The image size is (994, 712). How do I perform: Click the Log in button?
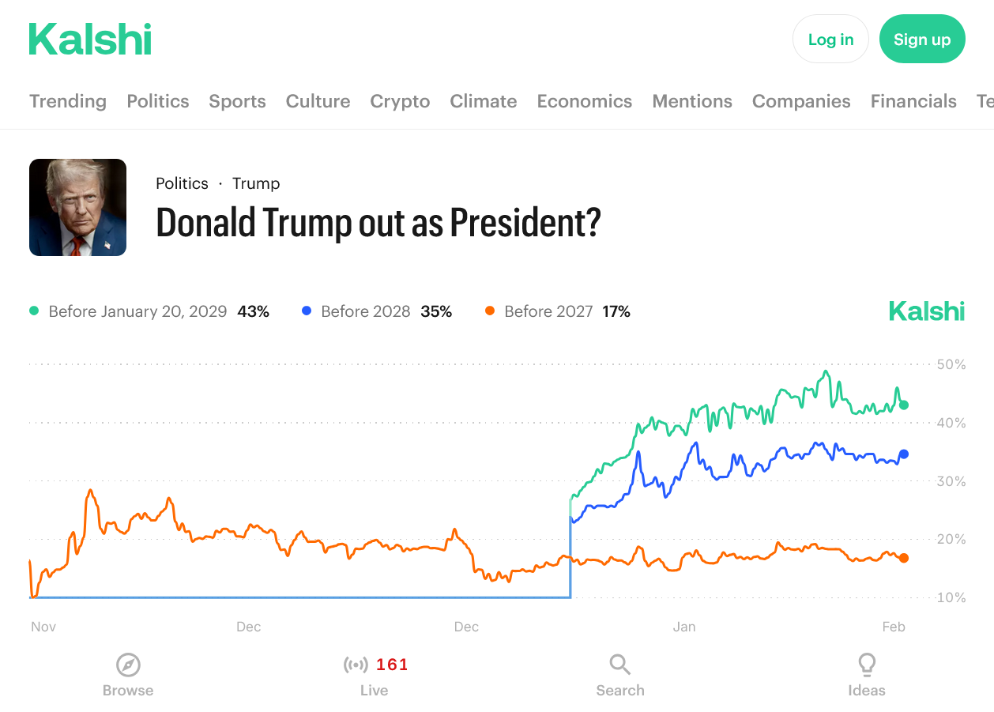click(830, 40)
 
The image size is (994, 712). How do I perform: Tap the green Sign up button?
click(922, 40)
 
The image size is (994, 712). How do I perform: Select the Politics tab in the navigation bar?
click(158, 101)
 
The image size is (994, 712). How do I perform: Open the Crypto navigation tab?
click(400, 101)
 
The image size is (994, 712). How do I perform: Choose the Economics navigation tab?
click(584, 101)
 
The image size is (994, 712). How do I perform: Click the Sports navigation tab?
click(237, 101)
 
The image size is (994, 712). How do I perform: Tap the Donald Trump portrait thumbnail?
click(77, 207)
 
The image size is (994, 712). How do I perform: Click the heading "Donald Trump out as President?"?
click(378, 223)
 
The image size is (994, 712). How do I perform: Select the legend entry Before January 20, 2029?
click(137, 311)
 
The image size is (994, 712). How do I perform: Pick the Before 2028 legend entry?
click(365, 311)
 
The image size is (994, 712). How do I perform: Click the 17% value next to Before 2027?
click(616, 311)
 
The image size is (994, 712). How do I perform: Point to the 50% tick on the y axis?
click(951, 364)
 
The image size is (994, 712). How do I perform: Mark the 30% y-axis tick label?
click(951, 481)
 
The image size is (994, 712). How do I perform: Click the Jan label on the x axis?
click(684, 627)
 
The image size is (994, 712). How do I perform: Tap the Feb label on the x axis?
click(894, 627)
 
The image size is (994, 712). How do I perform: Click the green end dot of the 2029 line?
click(904, 405)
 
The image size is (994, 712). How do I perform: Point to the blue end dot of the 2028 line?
click(904, 454)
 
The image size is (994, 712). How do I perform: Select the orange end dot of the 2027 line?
click(904, 558)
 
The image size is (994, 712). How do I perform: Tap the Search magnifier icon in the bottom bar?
click(620, 665)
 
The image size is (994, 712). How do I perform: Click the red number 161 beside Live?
click(392, 665)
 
